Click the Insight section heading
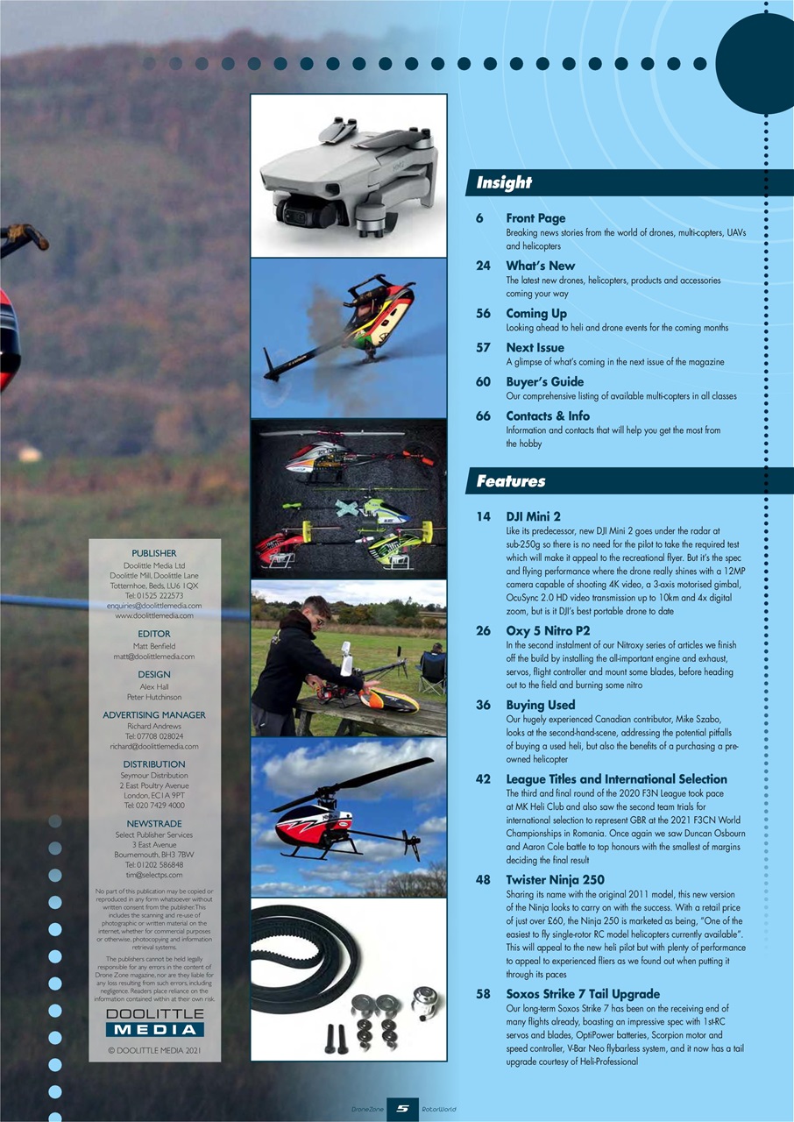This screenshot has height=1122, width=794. tap(504, 182)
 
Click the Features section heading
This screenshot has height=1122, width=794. tap(511, 480)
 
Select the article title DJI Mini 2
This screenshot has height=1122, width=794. tap(534, 516)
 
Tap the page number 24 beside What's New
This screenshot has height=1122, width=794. tap(483, 266)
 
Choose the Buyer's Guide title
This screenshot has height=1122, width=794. tap(544, 381)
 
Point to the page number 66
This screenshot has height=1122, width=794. tap(483, 415)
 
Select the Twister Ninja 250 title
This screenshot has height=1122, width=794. tap(555, 879)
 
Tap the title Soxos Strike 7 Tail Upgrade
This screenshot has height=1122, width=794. tap(583, 994)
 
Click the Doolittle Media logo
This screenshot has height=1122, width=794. tap(154, 1022)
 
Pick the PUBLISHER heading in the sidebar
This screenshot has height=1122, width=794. tap(154, 553)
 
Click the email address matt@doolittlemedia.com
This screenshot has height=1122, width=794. tap(154, 656)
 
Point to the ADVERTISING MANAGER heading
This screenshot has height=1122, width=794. tap(154, 714)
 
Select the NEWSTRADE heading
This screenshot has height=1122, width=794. tap(154, 824)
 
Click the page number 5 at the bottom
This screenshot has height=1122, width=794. tap(402, 1109)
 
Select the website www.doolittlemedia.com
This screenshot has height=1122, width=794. tap(154, 615)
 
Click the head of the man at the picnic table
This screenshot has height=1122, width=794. tap(319, 608)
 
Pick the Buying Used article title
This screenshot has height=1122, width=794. tap(541, 704)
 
